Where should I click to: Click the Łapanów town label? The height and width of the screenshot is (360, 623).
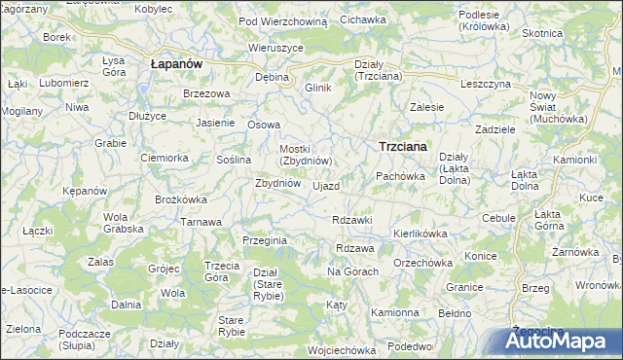[176, 63]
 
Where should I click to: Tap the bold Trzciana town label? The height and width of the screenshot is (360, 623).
[402, 147]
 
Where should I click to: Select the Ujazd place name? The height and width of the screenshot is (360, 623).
[326, 186]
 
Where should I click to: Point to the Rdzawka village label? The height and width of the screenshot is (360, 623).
[352, 220]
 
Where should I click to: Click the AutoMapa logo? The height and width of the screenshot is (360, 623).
[563, 342]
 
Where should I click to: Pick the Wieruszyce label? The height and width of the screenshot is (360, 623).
[276, 47]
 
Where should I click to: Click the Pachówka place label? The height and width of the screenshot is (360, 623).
[401, 176]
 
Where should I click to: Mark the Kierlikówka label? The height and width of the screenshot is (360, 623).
[420, 234]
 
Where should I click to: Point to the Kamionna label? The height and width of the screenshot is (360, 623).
[394, 313]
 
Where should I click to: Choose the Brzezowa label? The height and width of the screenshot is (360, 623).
[206, 93]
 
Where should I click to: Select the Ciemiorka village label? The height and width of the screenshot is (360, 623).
[164, 158]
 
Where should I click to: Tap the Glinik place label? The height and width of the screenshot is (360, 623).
[318, 89]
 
